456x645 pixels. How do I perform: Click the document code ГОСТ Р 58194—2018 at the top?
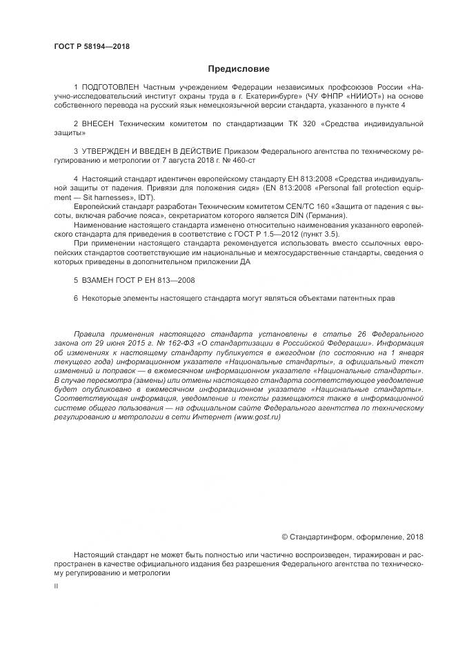point(91,47)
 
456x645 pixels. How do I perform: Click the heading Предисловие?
point(239,69)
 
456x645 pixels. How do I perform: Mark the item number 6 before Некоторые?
point(75,299)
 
